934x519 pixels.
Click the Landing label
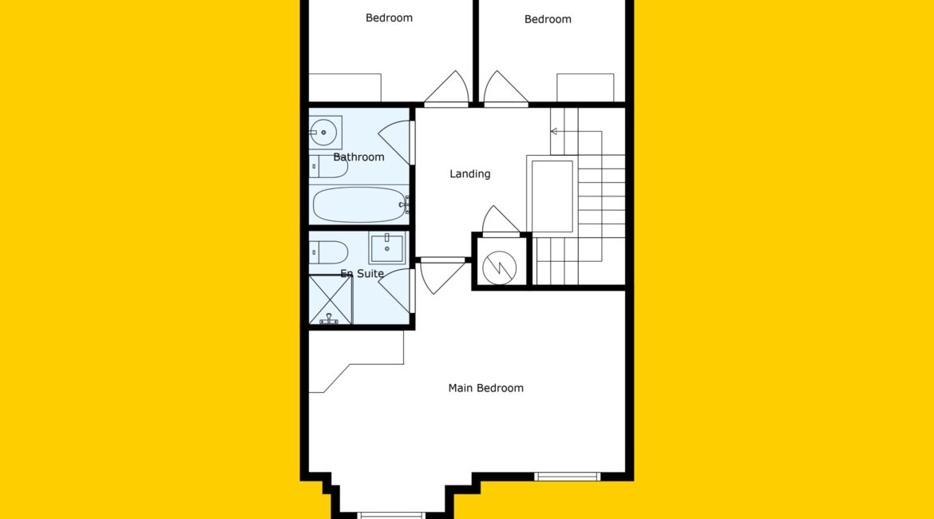[470, 174]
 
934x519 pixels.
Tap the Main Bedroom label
[485, 388]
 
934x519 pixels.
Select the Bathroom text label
[358, 156]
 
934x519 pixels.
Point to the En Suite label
[362, 274]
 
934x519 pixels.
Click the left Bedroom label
[389, 18]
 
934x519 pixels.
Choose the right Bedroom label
[548, 19]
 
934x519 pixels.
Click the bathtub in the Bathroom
[359, 205]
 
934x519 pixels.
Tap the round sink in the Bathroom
[325, 133]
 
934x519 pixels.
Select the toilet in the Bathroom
[328, 166]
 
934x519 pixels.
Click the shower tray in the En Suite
[330, 299]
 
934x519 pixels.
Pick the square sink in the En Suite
[386, 248]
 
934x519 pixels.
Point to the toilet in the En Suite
[328, 252]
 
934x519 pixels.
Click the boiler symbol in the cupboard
[499, 267]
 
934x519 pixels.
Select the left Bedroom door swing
[447, 88]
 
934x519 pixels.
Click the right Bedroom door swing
[506, 88]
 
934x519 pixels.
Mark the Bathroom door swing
[395, 143]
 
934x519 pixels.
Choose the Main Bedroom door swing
[442, 276]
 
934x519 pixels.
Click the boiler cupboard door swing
[501, 220]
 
